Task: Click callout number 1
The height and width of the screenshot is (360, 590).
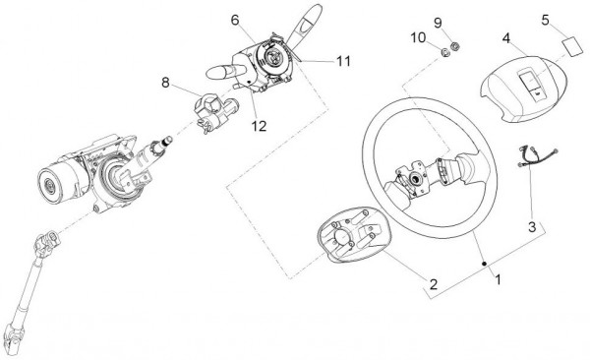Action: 498,279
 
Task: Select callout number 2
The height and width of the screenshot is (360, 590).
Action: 434,284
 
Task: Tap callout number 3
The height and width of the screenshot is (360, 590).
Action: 532,227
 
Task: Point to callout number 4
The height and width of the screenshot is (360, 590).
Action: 506,38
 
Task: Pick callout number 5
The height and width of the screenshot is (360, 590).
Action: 546,20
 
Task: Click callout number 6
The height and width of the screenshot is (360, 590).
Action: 235,20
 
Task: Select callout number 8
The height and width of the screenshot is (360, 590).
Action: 165,82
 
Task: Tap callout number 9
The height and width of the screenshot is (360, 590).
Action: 438,23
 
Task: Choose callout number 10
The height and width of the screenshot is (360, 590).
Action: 418,37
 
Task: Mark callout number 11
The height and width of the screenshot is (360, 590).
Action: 343,61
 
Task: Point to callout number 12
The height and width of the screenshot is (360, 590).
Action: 259,126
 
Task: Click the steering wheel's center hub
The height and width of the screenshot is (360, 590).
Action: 415,178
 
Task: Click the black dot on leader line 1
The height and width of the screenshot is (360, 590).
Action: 485,264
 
